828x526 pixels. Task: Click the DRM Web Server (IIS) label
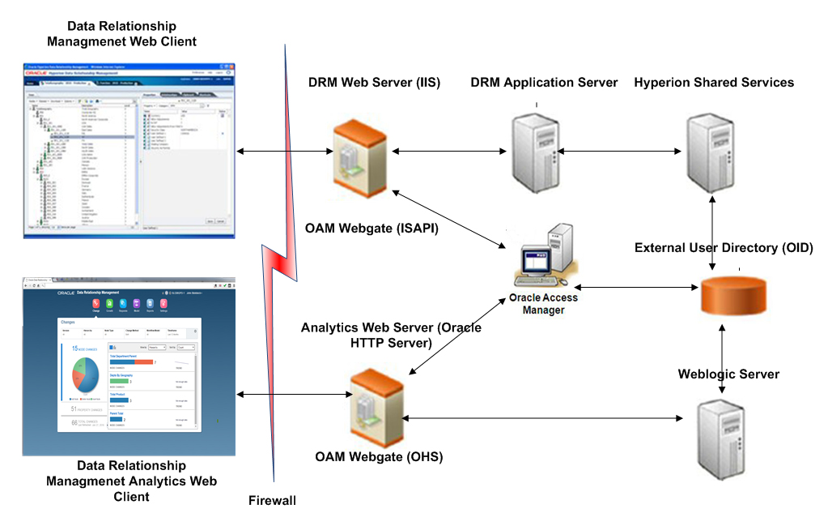coord(374,83)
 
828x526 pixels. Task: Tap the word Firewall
coord(272,501)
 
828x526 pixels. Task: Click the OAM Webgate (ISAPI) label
coord(372,229)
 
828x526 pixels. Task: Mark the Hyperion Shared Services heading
coord(714,83)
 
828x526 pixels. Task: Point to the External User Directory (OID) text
coord(724,248)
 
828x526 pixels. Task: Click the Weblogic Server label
coord(728,374)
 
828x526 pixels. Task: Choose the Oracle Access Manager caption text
coord(544,304)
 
